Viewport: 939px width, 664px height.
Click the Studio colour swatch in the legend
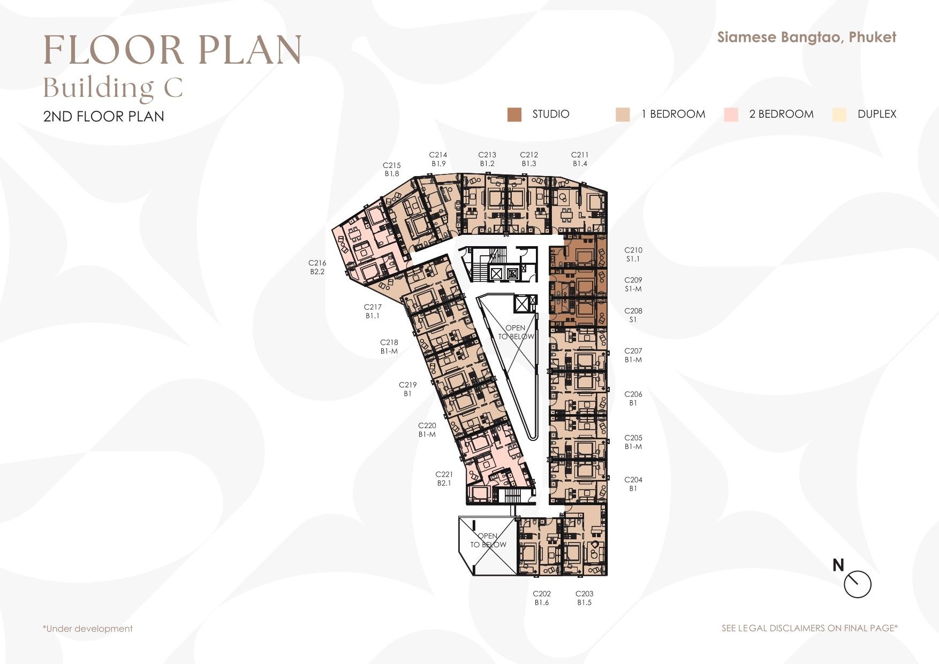pyautogui.click(x=514, y=115)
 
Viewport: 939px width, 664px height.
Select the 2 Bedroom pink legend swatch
pyautogui.click(x=731, y=115)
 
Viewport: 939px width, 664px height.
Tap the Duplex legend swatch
pyautogui.click(x=839, y=115)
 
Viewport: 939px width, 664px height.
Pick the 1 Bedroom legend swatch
pyautogui.click(x=623, y=115)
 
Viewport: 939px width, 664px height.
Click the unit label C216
pyautogui.click(x=317, y=263)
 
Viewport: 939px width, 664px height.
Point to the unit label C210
pyautogui.click(x=633, y=250)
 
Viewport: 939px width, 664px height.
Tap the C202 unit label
pyautogui.click(x=542, y=593)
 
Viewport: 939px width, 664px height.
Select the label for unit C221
pyautogui.click(x=444, y=474)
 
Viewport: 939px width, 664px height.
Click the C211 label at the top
pyautogui.click(x=580, y=155)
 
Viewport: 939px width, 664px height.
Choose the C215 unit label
pyautogui.click(x=392, y=165)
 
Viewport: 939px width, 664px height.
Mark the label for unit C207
pyautogui.click(x=633, y=351)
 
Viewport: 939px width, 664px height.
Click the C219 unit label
pyautogui.click(x=408, y=385)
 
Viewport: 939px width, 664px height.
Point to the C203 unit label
pyautogui.click(x=585, y=593)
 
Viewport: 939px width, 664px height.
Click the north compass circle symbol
pyautogui.click(x=858, y=584)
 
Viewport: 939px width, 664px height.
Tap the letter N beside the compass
pyautogui.click(x=838, y=565)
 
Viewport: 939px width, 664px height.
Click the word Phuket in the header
pyautogui.click(x=873, y=37)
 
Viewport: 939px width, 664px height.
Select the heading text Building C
pyautogui.click(x=113, y=88)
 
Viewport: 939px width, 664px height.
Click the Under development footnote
pyautogui.click(x=88, y=629)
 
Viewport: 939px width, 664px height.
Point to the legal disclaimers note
pyautogui.click(x=809, y=628)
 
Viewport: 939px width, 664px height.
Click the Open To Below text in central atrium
pyautogui.click(x=516, y=332)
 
